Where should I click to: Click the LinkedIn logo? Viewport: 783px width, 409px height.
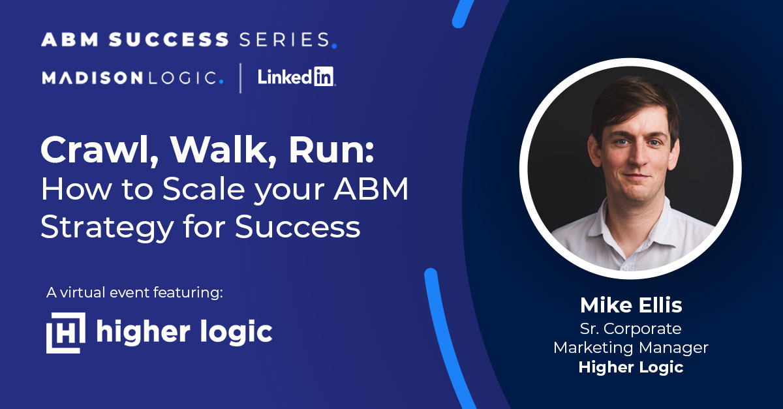(296, 78)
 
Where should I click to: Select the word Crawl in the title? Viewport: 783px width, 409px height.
(92, 151)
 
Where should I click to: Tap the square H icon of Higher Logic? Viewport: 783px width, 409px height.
(65, 332)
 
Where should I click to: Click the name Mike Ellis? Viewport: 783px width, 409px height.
(630, 305)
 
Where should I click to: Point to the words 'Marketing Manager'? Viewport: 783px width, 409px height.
(630, 348)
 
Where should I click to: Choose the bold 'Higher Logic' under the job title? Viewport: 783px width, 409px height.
(630, 367)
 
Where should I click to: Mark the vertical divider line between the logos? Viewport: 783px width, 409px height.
(240, 78)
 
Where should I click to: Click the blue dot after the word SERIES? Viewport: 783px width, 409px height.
(334, 46)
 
